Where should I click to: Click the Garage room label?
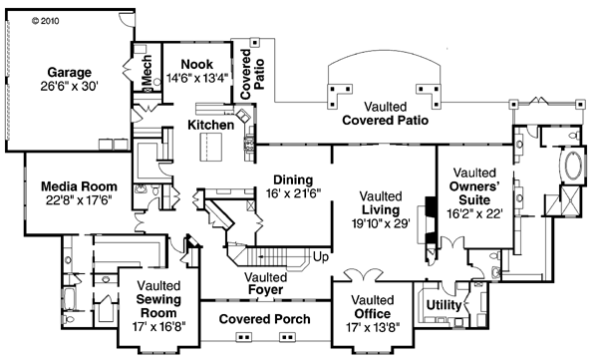pyautogui.click(x=68, y=73)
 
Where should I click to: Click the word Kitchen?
pyautogui.click(x=211, y=126)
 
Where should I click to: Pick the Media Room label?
pyautogui.click(x=79, y=186)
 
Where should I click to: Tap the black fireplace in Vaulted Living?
pyautogui.click(x=429, y=206)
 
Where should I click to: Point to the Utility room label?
pyautogui.click(x=443, y=304)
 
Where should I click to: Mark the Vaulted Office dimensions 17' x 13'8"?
pyautogui.click(x=374, y=326)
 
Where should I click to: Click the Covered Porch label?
pyautogui.click(x=264, y=319)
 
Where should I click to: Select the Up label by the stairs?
pyautogui.click(x=321, y=257)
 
